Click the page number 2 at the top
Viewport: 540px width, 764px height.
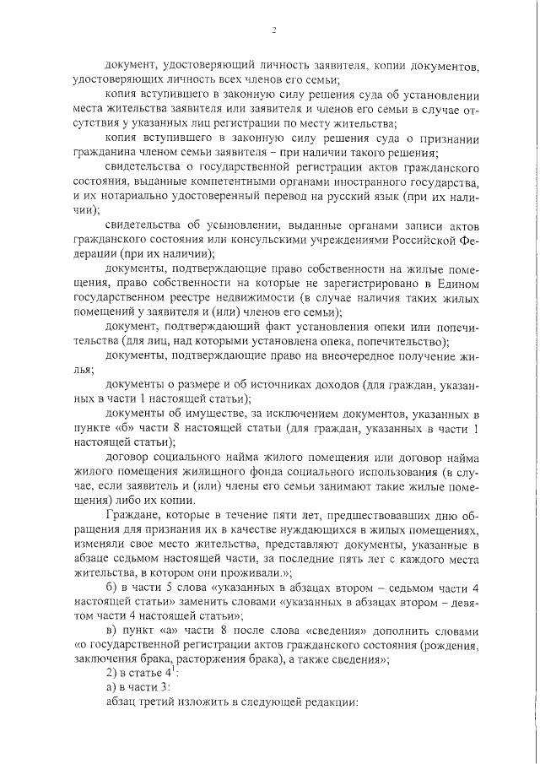point(275,31)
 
